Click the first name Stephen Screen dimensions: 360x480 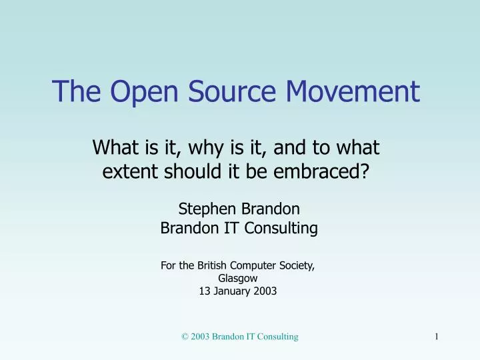point(206,208)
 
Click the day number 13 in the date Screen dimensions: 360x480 point(205,291)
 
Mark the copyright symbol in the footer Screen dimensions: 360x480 point(185,337)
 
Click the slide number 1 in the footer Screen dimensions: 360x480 point(436,337)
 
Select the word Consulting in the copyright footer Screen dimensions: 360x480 point(278,337)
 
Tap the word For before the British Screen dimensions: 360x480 point(168,265)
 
